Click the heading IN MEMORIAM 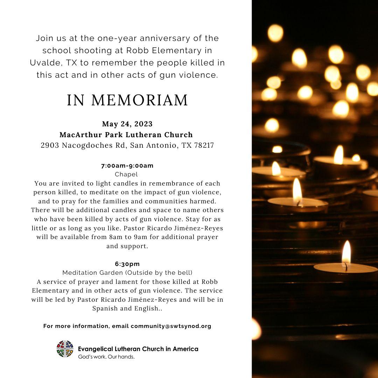point(127,100)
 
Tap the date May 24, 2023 point(127,124)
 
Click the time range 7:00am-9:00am point(127,166)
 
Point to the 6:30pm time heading point(127,264)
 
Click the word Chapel point(126,174)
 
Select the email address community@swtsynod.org point(171,326)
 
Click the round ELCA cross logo point(65,349)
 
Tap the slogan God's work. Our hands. point(106,357)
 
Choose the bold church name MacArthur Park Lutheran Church point(126,134)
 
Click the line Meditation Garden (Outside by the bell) point(127,272)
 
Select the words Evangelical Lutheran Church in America point(138,349)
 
